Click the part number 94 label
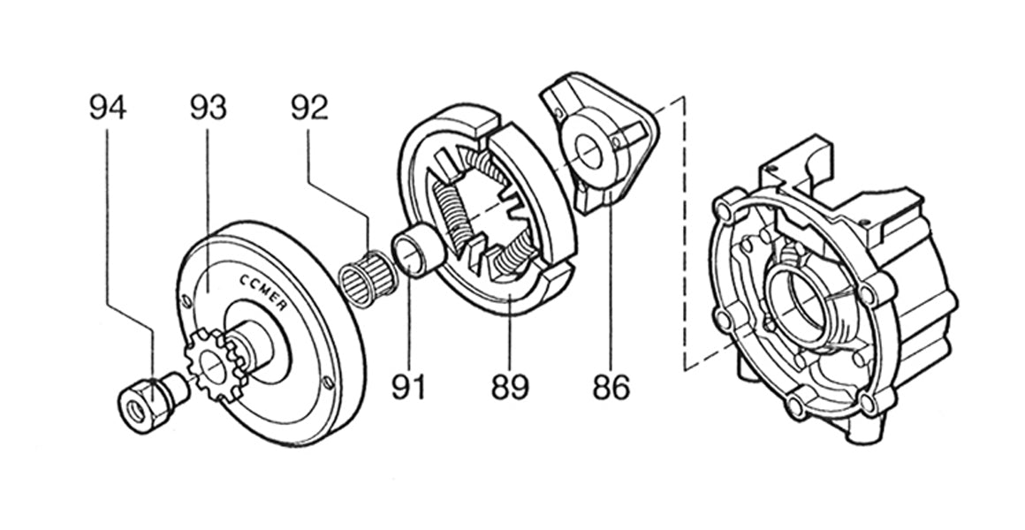coord(108,107)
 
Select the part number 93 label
coord(209,107)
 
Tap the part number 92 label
coord(309,107)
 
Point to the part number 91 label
coord(409,386)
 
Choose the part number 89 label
coord(511,386)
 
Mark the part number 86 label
coord(611,386)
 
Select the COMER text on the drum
coord(263,291)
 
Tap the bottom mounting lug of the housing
coord(862,432)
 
